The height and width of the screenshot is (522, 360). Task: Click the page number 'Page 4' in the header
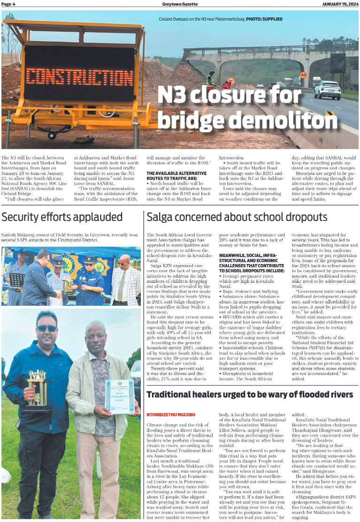(x=8, y=4)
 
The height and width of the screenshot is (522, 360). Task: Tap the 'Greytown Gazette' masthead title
(x=180, y=4)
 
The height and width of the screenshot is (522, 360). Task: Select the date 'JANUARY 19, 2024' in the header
(x=340, y=4)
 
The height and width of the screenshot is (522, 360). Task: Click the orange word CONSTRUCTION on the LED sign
(x=73, y=77)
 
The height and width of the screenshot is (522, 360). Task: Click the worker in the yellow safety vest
(x=211, y=80)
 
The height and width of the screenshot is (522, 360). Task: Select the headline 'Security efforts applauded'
(x=62, y=217)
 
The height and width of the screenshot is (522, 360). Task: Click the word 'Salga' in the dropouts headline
(x=161, y=217)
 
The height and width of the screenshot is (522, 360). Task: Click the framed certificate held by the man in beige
(x=120, y=396)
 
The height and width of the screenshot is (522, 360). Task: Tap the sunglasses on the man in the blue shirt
(x=46, y=328)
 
